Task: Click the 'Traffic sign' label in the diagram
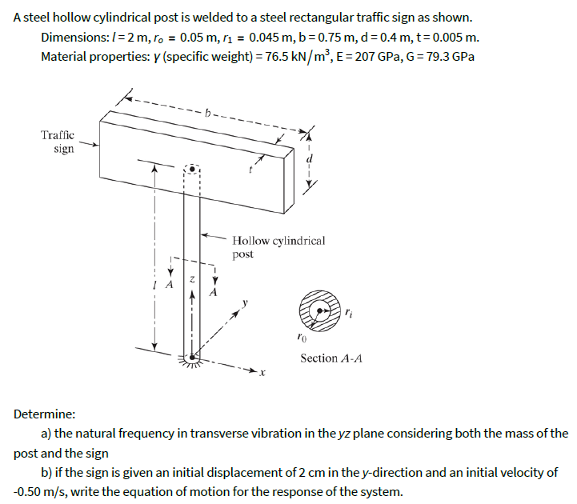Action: click(x=58, y=142)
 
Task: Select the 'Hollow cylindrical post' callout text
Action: click(x=278, y=246)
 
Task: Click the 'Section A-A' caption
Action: click(x=331, y=358)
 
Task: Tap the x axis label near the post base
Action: click(x=261, y=374)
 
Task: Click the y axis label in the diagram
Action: click(x=246, y=303)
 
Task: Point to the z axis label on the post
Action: click(x=192, y=279)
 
